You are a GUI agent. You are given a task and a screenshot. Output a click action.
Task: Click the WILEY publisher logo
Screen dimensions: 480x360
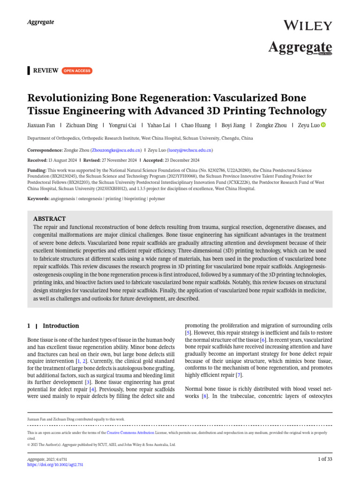coord(308,26)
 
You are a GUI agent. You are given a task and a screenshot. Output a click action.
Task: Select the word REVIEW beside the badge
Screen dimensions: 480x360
coord(45,71)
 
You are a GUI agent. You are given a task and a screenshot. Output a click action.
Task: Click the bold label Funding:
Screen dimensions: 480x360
coord(37,170)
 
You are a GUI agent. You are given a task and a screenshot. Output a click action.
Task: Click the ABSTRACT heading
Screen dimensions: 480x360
coord(50,219)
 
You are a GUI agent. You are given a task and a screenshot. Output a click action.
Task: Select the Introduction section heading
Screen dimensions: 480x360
coord(61,326)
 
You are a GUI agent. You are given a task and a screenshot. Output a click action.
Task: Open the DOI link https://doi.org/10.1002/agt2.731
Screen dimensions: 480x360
coord(55,465)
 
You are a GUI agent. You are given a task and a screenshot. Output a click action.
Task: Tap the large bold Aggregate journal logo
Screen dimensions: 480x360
coord(300,47)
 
